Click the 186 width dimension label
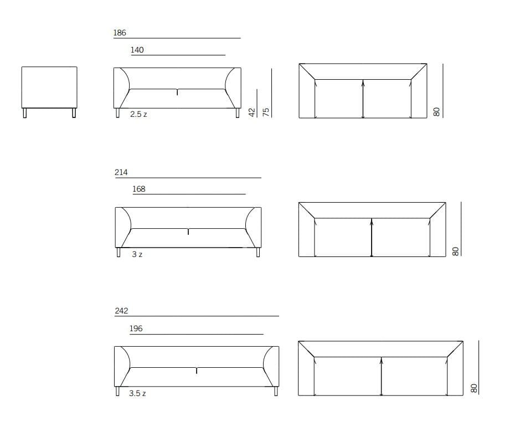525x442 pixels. (x=120, y=33)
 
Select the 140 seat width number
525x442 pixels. (x=137, y=50)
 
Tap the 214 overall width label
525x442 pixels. (x=121, y=172)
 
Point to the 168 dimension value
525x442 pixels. (x=138, y=189)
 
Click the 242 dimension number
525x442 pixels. (x=121, y=311)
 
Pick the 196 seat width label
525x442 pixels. (x=136, y=328)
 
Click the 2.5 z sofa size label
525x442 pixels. (x=138, y=114)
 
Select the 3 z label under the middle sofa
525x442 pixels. (x=137, y=254)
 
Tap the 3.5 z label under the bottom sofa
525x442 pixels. (x=137, y=393)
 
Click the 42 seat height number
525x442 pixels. (x=252, y=112)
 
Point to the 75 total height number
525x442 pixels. (x=266, y=112)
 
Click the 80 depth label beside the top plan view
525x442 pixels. (x=436, y=112)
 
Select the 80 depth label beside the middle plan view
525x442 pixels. (x=455, y=251)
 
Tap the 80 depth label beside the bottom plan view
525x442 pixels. (x=473, y=389)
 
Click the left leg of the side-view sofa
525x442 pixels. (x=25, y=113)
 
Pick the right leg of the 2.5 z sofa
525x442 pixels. (x=238, y=113)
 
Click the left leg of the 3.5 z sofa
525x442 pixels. (x=117, y=391)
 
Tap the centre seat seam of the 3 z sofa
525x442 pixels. (x=188, y=232)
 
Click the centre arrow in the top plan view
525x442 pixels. (x=363, y=99)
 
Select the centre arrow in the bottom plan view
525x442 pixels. (x=382, y=377)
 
